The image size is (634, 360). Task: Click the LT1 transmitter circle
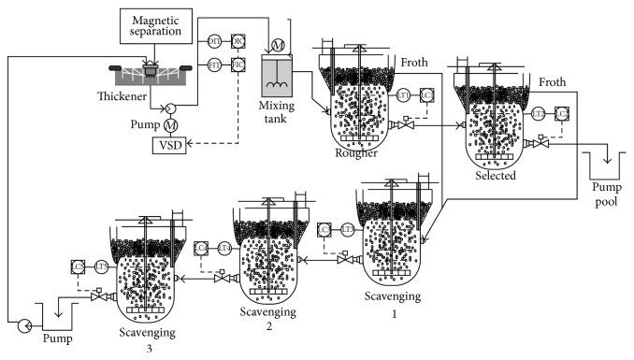coord(403,95)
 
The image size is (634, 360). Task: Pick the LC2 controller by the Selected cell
coord(562,113)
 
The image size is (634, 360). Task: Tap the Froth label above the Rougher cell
coord(413,63)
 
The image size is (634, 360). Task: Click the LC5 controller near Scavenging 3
coord(78,267)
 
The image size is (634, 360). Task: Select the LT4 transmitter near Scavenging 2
coord(224,247)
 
